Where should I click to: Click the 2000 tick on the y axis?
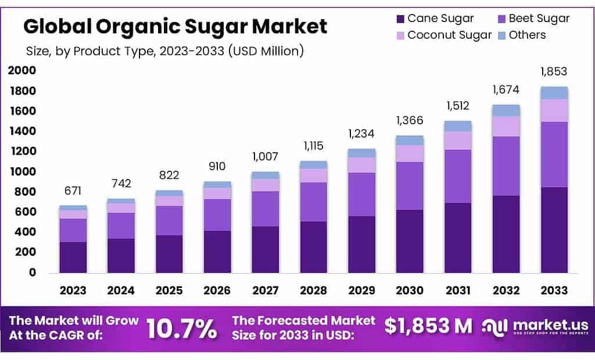21,71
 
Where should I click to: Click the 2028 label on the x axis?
314,290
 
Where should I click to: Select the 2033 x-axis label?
554,290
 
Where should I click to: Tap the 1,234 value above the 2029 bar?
361,134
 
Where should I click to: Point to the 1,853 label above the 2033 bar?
554,72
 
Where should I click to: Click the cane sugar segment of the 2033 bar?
554,230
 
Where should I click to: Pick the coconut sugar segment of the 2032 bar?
506,126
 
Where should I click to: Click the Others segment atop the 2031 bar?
458,126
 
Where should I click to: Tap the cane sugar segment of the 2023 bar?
73,257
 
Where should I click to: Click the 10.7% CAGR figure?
182,329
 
